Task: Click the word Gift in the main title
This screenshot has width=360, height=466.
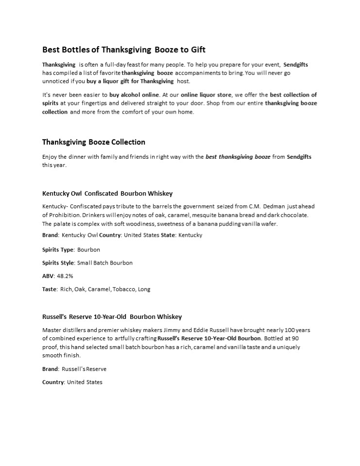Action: click(x=198, y=50)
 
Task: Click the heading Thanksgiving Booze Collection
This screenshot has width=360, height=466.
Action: click(x=94, y=142)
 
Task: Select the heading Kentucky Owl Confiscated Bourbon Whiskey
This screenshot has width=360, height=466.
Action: click(x=107, y=193)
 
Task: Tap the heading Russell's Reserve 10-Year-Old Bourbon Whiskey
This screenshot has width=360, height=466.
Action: click(x=112, y=316)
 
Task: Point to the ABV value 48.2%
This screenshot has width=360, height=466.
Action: click(x=65, y=276)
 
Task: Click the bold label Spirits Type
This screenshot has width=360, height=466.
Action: click(x=58, y=250)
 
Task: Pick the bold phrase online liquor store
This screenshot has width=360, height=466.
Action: click(x=206, y=95)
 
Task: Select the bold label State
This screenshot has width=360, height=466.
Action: click(x=168, y=235)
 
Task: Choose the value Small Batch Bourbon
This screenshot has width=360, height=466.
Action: click(x=105, y=263)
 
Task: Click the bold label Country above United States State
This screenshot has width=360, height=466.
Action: click(x=110, y=235)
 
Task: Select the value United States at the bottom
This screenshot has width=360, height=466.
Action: click(x=85, y=382)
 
